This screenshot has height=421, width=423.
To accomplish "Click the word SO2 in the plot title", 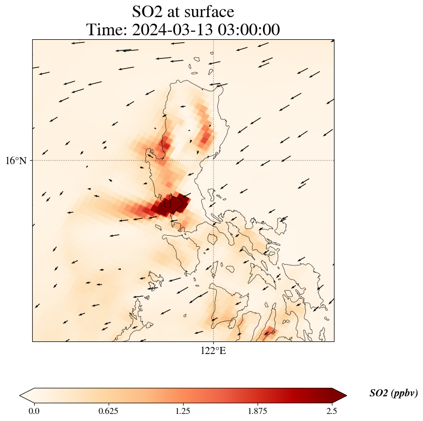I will [x=148, y=12].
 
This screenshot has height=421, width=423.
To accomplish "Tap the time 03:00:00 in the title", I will [x=249, y=30].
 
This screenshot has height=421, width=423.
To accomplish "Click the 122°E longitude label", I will [x=213, y=351].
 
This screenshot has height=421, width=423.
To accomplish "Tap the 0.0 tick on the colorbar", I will [x=34, y=411].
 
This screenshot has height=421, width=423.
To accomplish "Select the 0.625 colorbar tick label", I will [x=109, y=411].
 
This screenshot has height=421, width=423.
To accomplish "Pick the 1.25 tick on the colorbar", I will [x=183, y=411].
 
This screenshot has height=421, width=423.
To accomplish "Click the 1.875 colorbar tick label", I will [x=258, y=411].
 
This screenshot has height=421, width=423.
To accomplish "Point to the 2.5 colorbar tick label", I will [x=331, y=411].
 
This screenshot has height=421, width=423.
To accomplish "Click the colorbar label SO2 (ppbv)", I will [x=393, y=393].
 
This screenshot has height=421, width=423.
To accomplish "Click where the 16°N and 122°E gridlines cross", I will [x=214, y=161].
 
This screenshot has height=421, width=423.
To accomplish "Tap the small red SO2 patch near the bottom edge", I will [x=269, y=332].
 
